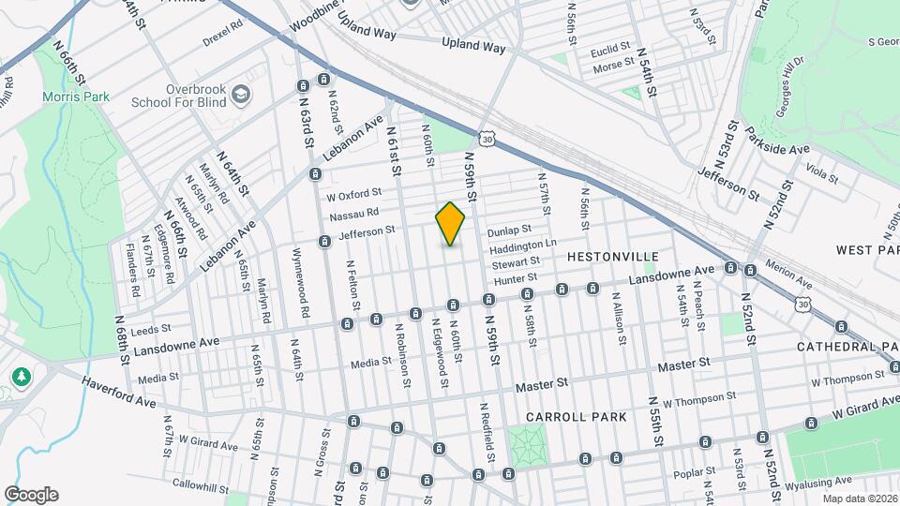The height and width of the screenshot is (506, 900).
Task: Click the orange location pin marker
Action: pyautogui.click(x=450, y=223)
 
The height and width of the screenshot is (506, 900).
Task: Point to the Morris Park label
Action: pyautogui.click(x=75, y=97)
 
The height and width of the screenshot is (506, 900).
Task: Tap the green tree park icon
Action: pyautogui.click(x=21, y=376)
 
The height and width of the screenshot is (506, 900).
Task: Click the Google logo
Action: pyautogui.click(x=31, y=494)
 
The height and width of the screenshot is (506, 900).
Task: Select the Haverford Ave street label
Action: pyautogui.click(x=119, y=392)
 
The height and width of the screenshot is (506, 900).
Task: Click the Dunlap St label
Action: pyautogui.click(x=508, y=229)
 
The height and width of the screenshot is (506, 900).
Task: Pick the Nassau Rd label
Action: pyautogui.click(x=353, y=215)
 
